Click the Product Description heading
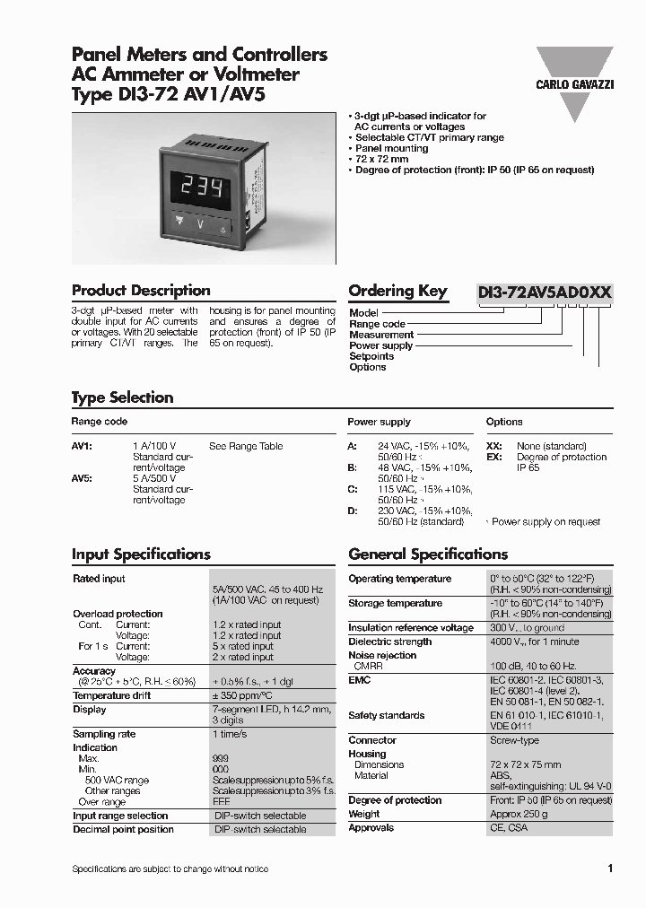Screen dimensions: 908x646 point(141,291)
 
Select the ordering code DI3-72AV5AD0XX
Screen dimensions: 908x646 point(545,292)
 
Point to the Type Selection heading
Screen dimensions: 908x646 point(122,397)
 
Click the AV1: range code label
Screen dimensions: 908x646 point(83,446)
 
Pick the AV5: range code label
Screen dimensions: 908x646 point(83,478)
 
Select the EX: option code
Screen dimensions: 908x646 point(493,457)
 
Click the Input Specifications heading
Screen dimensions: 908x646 point(141,554)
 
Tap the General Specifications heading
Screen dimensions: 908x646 point(428,554)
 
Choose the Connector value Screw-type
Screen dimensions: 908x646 point(514,740)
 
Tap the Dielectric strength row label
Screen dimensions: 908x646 point(389,642)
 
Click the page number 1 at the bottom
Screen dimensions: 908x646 point(610,869)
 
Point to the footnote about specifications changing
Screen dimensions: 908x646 point(170,869)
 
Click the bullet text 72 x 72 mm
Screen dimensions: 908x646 point(381,159)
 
